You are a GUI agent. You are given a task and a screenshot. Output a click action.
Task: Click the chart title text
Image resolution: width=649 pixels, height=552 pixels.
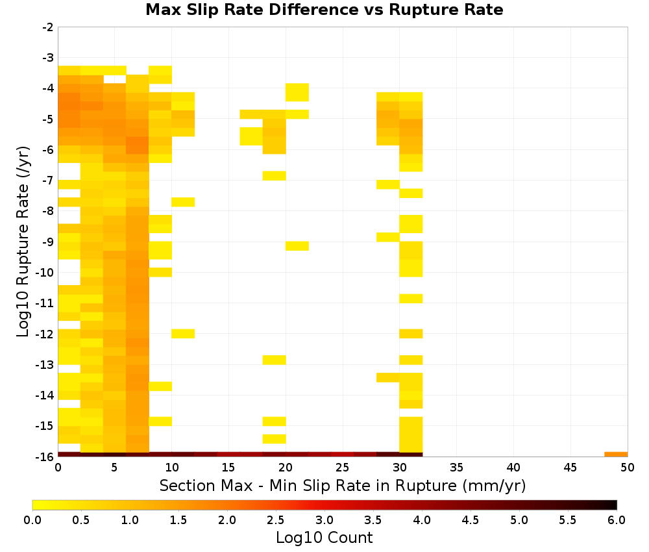tap(324, 10)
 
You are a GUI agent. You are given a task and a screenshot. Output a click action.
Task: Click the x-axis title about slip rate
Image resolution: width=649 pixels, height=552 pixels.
tap(342, 485)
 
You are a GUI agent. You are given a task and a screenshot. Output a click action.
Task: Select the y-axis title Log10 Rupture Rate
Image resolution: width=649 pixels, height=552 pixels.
tap(23, 242)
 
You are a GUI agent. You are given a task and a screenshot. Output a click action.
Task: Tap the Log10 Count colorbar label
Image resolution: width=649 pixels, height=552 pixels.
tap(324, 538)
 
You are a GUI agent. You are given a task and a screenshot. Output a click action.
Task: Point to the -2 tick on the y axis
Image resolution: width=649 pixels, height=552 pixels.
tap(48, 27)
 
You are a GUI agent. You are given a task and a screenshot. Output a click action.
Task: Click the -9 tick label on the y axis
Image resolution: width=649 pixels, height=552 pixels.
tap(48, 242)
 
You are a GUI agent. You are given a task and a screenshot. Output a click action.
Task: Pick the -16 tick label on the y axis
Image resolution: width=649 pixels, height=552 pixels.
tap(45, 457)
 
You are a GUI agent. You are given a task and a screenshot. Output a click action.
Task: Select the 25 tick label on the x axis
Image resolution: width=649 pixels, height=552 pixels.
tap(342, 468)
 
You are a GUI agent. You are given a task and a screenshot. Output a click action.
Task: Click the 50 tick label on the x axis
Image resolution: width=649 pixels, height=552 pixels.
tap(628, 468)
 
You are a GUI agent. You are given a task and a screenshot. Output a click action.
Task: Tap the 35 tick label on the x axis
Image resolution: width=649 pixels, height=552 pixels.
tap(456, 468)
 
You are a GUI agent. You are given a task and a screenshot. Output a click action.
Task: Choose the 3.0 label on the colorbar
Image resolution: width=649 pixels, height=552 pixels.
tap(324, 520)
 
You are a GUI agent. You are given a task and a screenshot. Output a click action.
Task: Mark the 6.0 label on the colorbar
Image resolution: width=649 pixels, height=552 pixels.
tap(617, 520)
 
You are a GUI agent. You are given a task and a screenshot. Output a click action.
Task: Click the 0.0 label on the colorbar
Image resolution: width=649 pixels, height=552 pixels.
tap(32, 520)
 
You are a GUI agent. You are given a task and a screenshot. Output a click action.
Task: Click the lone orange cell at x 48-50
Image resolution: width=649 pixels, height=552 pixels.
tap(616, 455)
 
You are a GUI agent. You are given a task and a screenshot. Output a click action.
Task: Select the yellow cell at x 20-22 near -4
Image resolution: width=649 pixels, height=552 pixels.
tap(297, 92)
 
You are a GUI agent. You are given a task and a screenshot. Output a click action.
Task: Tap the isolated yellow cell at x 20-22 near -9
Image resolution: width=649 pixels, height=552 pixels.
tap(297, 246)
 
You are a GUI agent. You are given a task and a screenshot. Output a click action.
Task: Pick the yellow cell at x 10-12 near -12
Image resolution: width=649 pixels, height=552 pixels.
tap(183, 333)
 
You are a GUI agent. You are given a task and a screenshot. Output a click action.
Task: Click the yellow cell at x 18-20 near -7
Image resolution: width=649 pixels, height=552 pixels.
tap(274, 175)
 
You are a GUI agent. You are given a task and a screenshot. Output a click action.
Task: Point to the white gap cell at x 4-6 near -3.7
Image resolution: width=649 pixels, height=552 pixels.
tap(115, 79)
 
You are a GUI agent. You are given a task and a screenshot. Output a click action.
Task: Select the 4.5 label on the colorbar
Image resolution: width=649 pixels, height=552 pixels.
tap(471, 520)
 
